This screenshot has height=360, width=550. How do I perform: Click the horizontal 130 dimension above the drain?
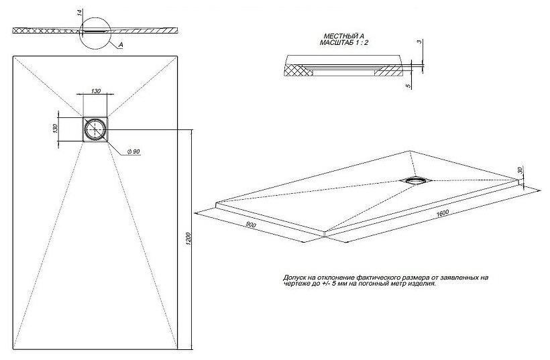click(96, 91)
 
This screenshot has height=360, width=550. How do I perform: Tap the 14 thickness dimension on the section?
click(79, 13)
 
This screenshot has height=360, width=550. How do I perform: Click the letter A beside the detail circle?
click(120, 46)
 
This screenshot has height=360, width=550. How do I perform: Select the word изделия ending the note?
click(422, 284)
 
